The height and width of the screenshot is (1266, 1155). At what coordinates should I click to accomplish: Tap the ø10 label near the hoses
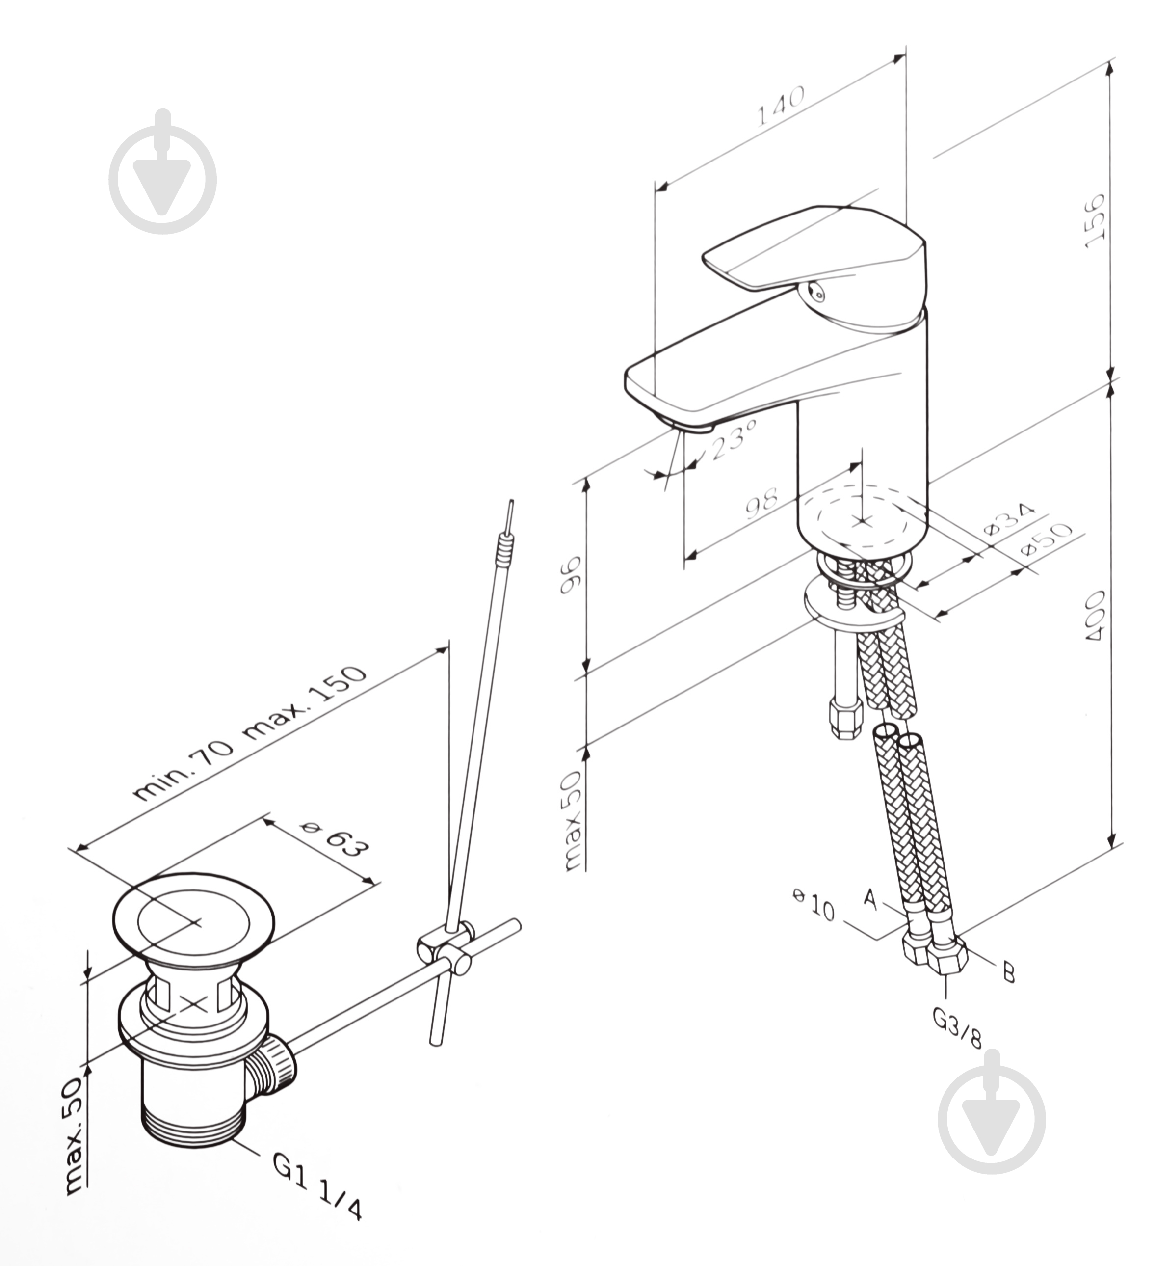coord(814,904)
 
